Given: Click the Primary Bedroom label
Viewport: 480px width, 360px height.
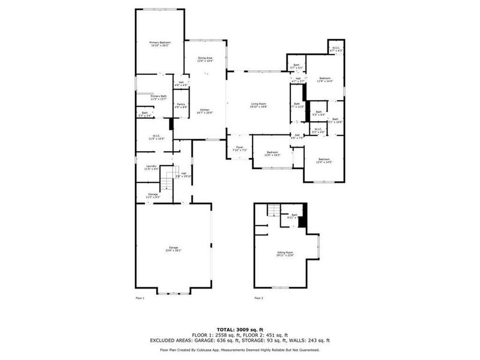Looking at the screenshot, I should tap(160, 43).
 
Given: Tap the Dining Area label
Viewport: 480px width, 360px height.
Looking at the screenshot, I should tap(205, 58).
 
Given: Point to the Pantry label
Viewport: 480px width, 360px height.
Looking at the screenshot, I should tap(181, 104).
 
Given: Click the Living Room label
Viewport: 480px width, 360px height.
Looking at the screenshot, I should tap(259, 104).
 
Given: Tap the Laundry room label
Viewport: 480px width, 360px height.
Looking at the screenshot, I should tap(151, 167).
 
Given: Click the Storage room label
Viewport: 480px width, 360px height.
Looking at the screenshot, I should tap(153, 194).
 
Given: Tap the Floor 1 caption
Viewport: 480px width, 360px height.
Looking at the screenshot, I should tap(140, 298).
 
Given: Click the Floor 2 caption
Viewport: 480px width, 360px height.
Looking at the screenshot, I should tap(259, 298).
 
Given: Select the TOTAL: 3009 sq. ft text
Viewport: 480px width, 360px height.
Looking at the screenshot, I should tap(239, 329).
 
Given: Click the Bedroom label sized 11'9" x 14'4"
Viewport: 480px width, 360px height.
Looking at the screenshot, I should tap(325, 79).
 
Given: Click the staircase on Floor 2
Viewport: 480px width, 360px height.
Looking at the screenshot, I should tap(274, 211).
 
